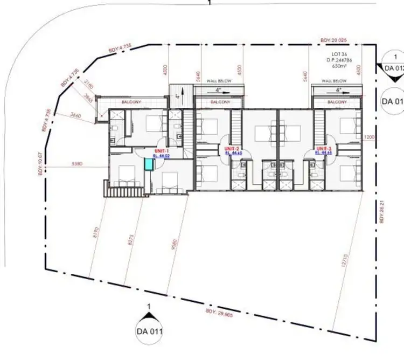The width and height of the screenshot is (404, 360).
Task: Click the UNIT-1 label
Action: point(162,150)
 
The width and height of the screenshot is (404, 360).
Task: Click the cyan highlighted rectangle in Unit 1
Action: point(148,164)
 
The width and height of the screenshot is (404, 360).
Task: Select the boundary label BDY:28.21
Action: point(381,211)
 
